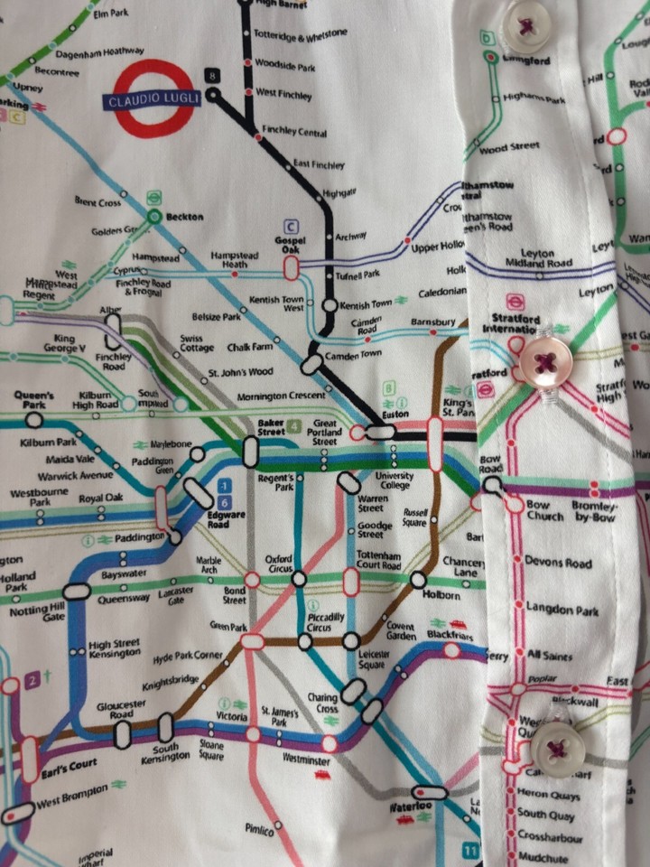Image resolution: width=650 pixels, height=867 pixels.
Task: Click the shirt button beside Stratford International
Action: (544, 362)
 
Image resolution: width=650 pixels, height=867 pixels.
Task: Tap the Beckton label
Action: (184, 217)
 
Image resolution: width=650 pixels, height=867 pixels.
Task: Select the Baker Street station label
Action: (271, 426)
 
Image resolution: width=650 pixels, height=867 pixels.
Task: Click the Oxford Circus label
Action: (278, 564)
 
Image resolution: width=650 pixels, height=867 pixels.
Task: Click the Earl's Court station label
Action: (70, 764)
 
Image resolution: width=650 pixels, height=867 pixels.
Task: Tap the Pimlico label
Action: (260, 828)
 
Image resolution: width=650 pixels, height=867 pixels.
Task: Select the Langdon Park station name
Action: (562, 611)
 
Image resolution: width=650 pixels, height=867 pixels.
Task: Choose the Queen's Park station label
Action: (33, 400)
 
